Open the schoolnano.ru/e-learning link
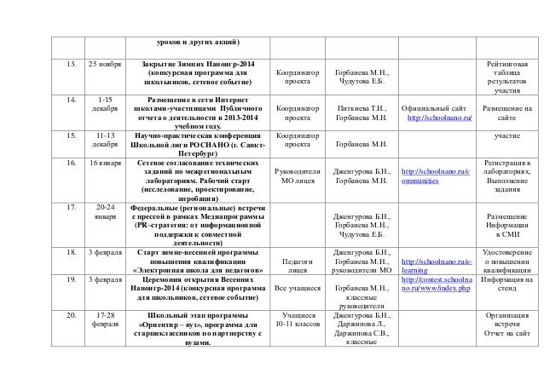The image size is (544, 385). tap(434, 265)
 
